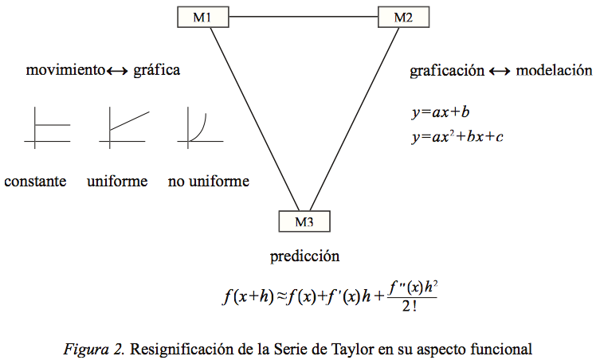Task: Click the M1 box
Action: tap(202, 16)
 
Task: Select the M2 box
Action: tap(402, 16)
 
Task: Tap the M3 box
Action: tap(304, 221)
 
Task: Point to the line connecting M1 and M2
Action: tap(301, 16)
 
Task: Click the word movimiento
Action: tap(65, 70)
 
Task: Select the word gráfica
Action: tap(157, 70)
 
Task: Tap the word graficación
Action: tap(447, 70)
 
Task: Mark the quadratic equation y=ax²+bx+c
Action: tap(457, 136)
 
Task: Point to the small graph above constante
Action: tap(47, 127)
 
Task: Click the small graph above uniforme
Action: tap(124, 127)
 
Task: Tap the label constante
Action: tap(35, 182)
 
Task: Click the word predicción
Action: tap(304, 256)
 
